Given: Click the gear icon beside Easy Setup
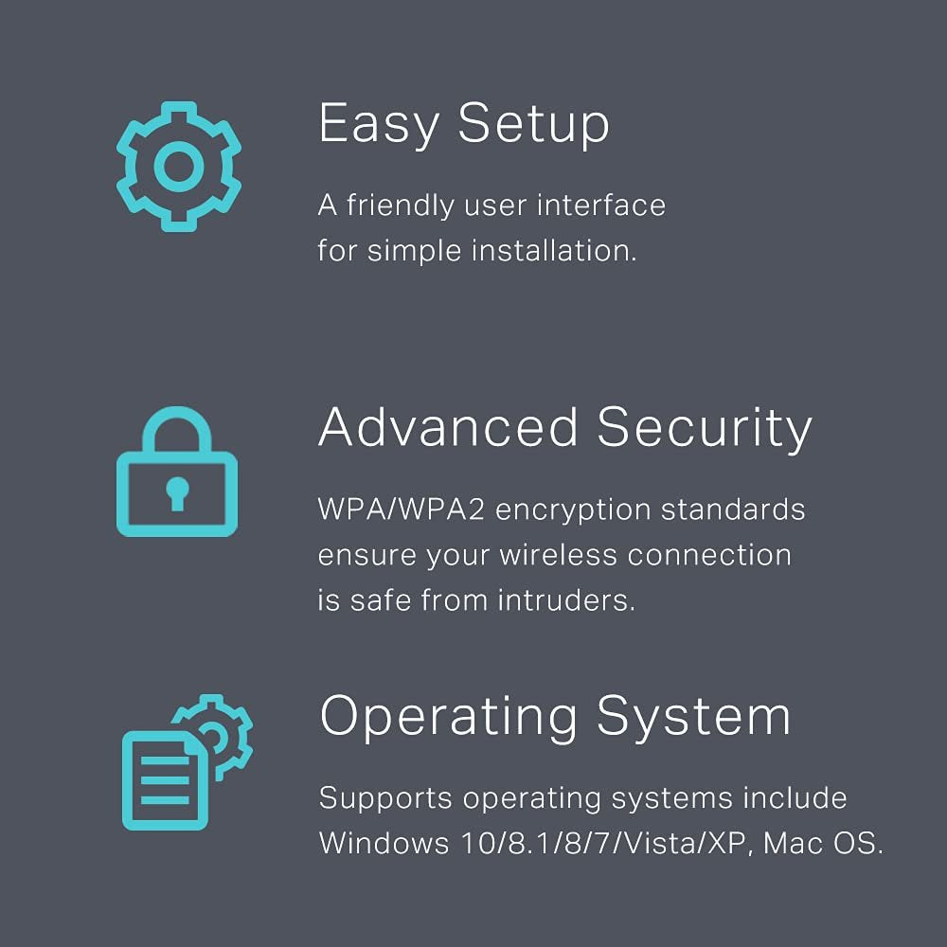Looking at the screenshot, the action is coord(179,166).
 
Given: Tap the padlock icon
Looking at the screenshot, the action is coord(177,471).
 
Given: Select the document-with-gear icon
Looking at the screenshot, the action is coord(188,762).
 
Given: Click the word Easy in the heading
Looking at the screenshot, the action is coord(379,124).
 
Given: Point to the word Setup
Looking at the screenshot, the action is coord(534,124).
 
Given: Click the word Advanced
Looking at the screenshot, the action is coord(448,427).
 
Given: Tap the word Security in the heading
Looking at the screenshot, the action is coord(705,428).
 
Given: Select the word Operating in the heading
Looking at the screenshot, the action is coord(449,718).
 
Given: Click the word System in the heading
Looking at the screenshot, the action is coord(693,718).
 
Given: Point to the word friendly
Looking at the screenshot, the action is coord(400,205).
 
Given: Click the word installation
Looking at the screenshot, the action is coord(554,251).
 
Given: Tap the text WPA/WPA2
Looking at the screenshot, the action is coord(401,509).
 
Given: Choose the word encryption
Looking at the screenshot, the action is coord(573,511).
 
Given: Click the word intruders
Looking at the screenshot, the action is coord(566,600).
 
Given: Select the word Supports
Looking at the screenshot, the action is coord(385,799).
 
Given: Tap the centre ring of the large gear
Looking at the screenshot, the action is coord(179,166).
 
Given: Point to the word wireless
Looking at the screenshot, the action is coord(558,555).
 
